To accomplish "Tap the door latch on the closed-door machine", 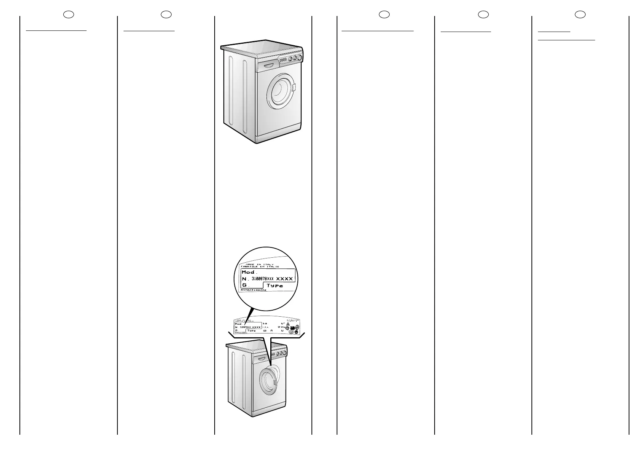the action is [294, 88].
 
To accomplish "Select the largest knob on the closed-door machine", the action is [300, 57].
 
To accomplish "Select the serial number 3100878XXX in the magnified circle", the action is [263, 279].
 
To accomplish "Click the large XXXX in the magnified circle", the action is [284, 279].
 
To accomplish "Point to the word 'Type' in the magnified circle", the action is [274, 286].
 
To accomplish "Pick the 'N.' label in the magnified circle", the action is [245, 279].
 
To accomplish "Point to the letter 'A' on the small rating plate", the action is [271, 331].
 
